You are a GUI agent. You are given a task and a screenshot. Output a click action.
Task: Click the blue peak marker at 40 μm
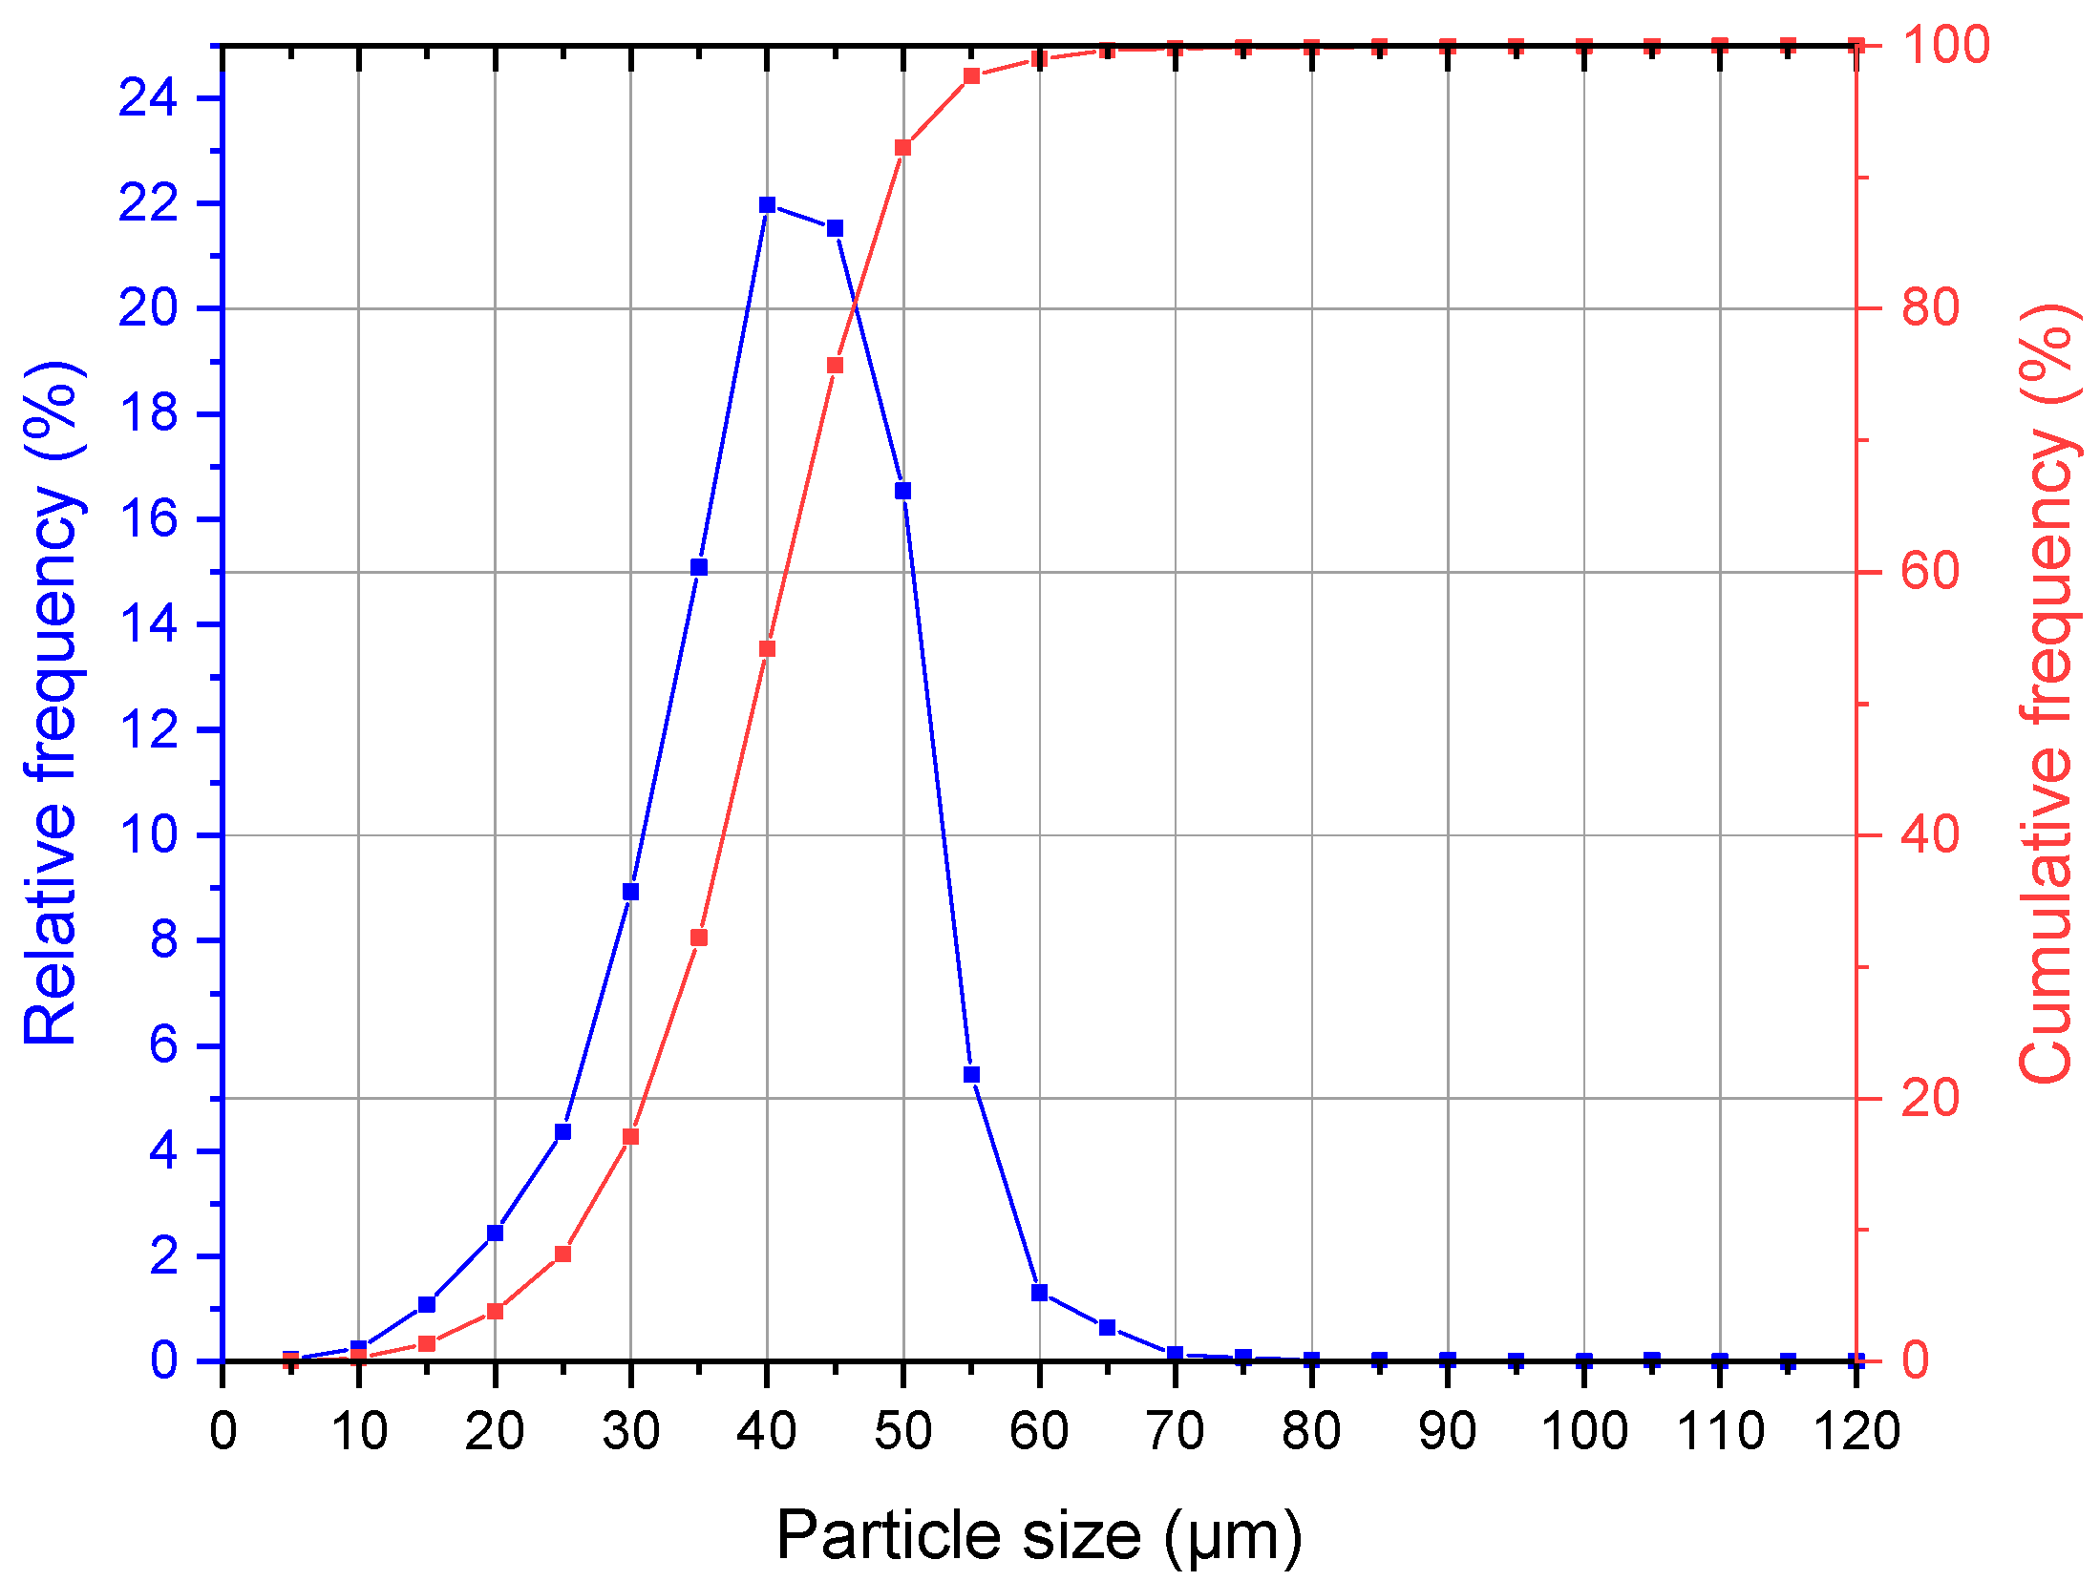pos(767,204)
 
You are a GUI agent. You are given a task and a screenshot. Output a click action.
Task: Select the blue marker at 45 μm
pos(835,228)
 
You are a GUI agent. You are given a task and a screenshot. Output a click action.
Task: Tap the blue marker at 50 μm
pos(902,491)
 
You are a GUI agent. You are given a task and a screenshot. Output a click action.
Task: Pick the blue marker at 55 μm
pos(971,1074)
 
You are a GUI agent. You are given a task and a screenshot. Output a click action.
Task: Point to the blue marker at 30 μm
pos(630,892)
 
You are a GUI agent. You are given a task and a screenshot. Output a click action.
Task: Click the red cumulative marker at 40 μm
pos(767,649)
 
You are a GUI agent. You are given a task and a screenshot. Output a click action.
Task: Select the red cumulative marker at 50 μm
pos(902,147)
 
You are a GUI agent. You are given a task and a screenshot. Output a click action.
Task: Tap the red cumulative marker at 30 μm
pos(630,1137)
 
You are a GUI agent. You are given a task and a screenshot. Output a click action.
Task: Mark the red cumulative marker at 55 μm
pos(971,76)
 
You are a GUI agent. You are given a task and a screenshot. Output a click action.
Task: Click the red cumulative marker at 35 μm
pos(699,938)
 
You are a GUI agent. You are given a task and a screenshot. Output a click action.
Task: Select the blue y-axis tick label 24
pos(148,97)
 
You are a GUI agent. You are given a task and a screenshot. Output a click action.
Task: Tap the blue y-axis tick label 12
pos(148,729)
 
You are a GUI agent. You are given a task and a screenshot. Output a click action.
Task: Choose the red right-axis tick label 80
pos(1930,307)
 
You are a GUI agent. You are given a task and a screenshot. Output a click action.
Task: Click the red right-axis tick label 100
pos(1945,45)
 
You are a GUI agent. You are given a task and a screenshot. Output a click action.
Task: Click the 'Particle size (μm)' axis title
pos(1039,1536)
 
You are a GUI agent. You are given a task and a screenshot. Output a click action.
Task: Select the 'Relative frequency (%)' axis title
pos(53,703)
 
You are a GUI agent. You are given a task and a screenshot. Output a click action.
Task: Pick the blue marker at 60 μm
pos(1039,1293)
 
